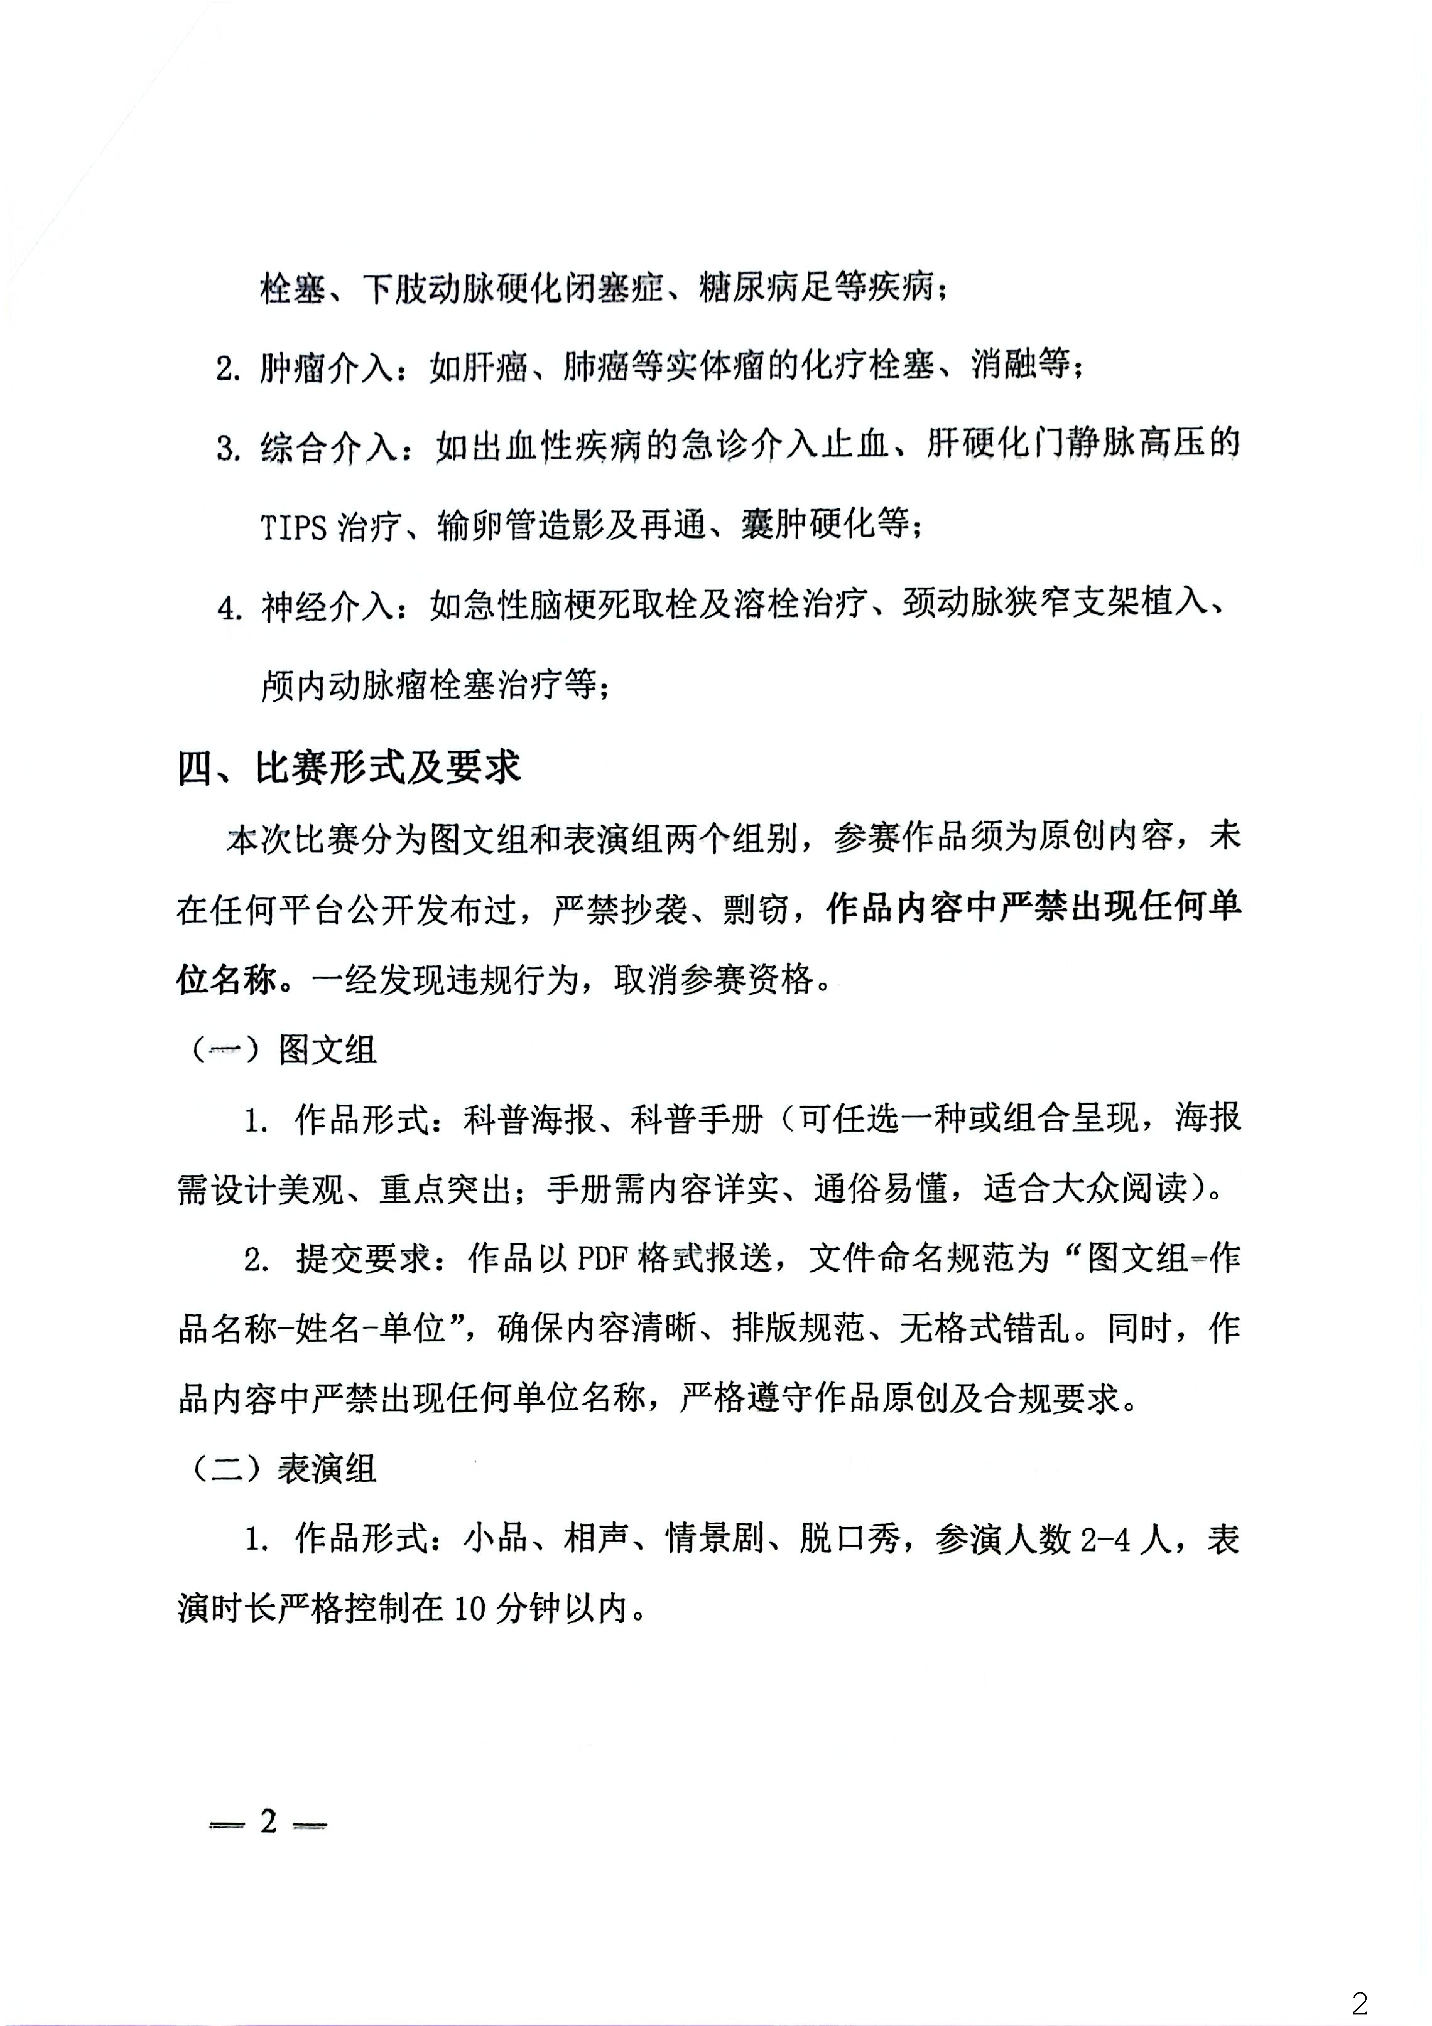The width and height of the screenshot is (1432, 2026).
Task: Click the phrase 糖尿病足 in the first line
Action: tap(765, 288)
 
